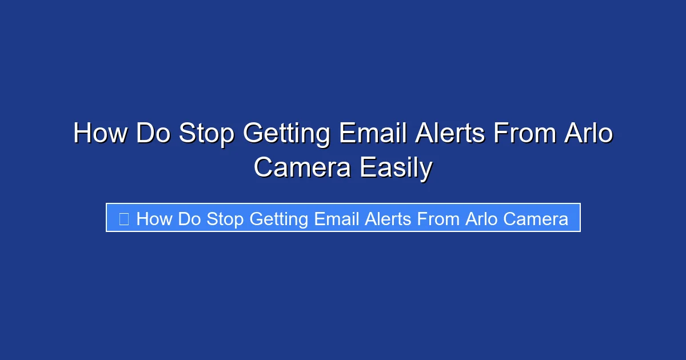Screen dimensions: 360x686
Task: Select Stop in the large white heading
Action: [x=206, y=134]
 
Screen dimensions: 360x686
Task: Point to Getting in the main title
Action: [x=286, y=134]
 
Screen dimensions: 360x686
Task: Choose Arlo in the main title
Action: [x=589, y=134]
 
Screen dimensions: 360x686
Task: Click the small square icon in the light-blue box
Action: [x=123, y=218]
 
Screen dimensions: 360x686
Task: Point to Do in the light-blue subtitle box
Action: [x=189, y=219]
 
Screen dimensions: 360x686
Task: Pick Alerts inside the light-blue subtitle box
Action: [x=388, y=219]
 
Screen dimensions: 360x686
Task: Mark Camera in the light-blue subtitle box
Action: [x=536, y=219]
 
